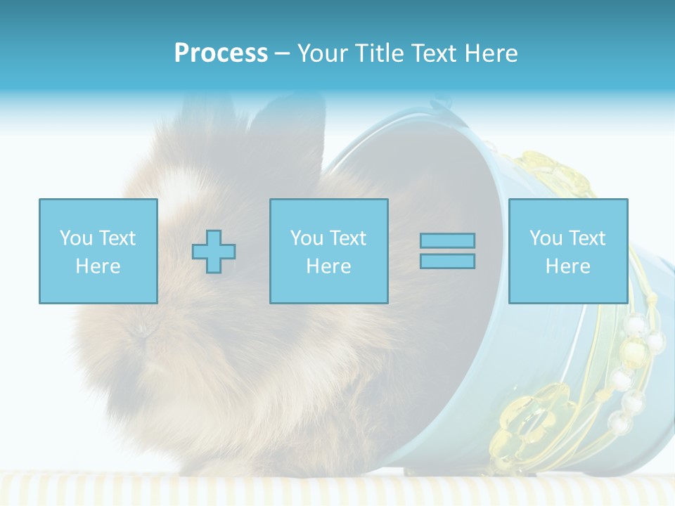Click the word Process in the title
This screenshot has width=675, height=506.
(221, 53)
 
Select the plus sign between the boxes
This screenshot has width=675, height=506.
(214, 252)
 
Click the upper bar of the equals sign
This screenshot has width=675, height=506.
(447, 240)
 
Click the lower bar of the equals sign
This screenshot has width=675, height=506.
(447, 261)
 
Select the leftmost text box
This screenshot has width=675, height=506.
(98, 251)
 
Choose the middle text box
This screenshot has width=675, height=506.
(328, 251)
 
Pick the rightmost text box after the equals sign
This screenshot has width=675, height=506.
(567, 251)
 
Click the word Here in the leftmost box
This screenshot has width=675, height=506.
(98, 266)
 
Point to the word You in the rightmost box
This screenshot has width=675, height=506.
(546, 238)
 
